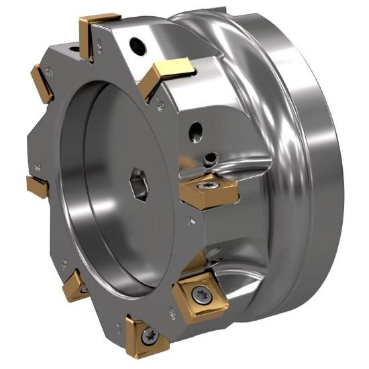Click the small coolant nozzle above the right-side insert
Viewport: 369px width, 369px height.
[211, 160]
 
